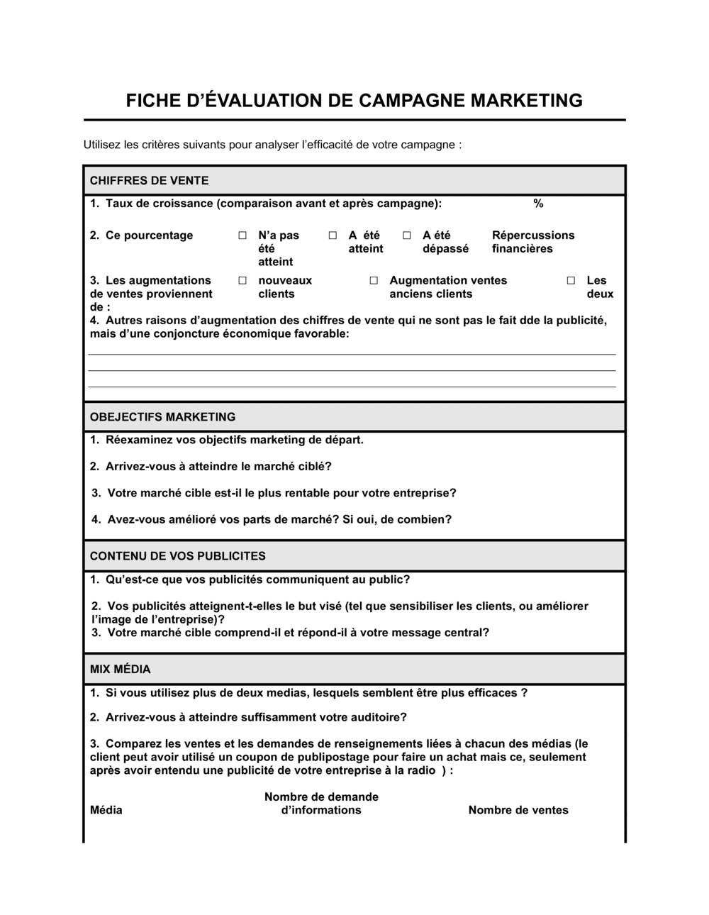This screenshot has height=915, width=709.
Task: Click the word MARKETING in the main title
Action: [527, 100]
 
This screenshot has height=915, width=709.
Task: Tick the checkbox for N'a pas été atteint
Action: [242, 235]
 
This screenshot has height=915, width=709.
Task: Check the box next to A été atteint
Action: [333, 235]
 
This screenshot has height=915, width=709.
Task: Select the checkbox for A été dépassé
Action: [407, 235]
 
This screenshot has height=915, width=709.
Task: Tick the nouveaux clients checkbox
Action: [242, 281]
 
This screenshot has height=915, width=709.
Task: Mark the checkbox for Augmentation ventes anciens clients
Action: [374, 281]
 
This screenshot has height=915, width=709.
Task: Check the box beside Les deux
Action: [571, 281]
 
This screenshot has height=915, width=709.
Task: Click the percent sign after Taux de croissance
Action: [538, 204]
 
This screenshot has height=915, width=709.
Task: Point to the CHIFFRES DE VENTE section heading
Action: [149, 181]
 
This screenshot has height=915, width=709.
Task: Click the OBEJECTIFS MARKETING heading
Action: [162, 417]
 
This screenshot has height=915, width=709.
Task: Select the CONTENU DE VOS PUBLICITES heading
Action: [177, 556]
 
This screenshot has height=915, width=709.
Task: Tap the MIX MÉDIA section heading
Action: [120, 670]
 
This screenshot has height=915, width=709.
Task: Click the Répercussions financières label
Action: [532, 242]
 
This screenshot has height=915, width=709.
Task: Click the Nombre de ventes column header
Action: [518, 811]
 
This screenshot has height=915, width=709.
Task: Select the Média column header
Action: [106, 811]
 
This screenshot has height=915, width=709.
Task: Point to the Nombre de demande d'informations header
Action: [321, 804]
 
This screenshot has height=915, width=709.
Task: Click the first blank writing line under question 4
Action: [352, 353]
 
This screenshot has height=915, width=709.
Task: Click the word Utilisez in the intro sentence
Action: [101, 145]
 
